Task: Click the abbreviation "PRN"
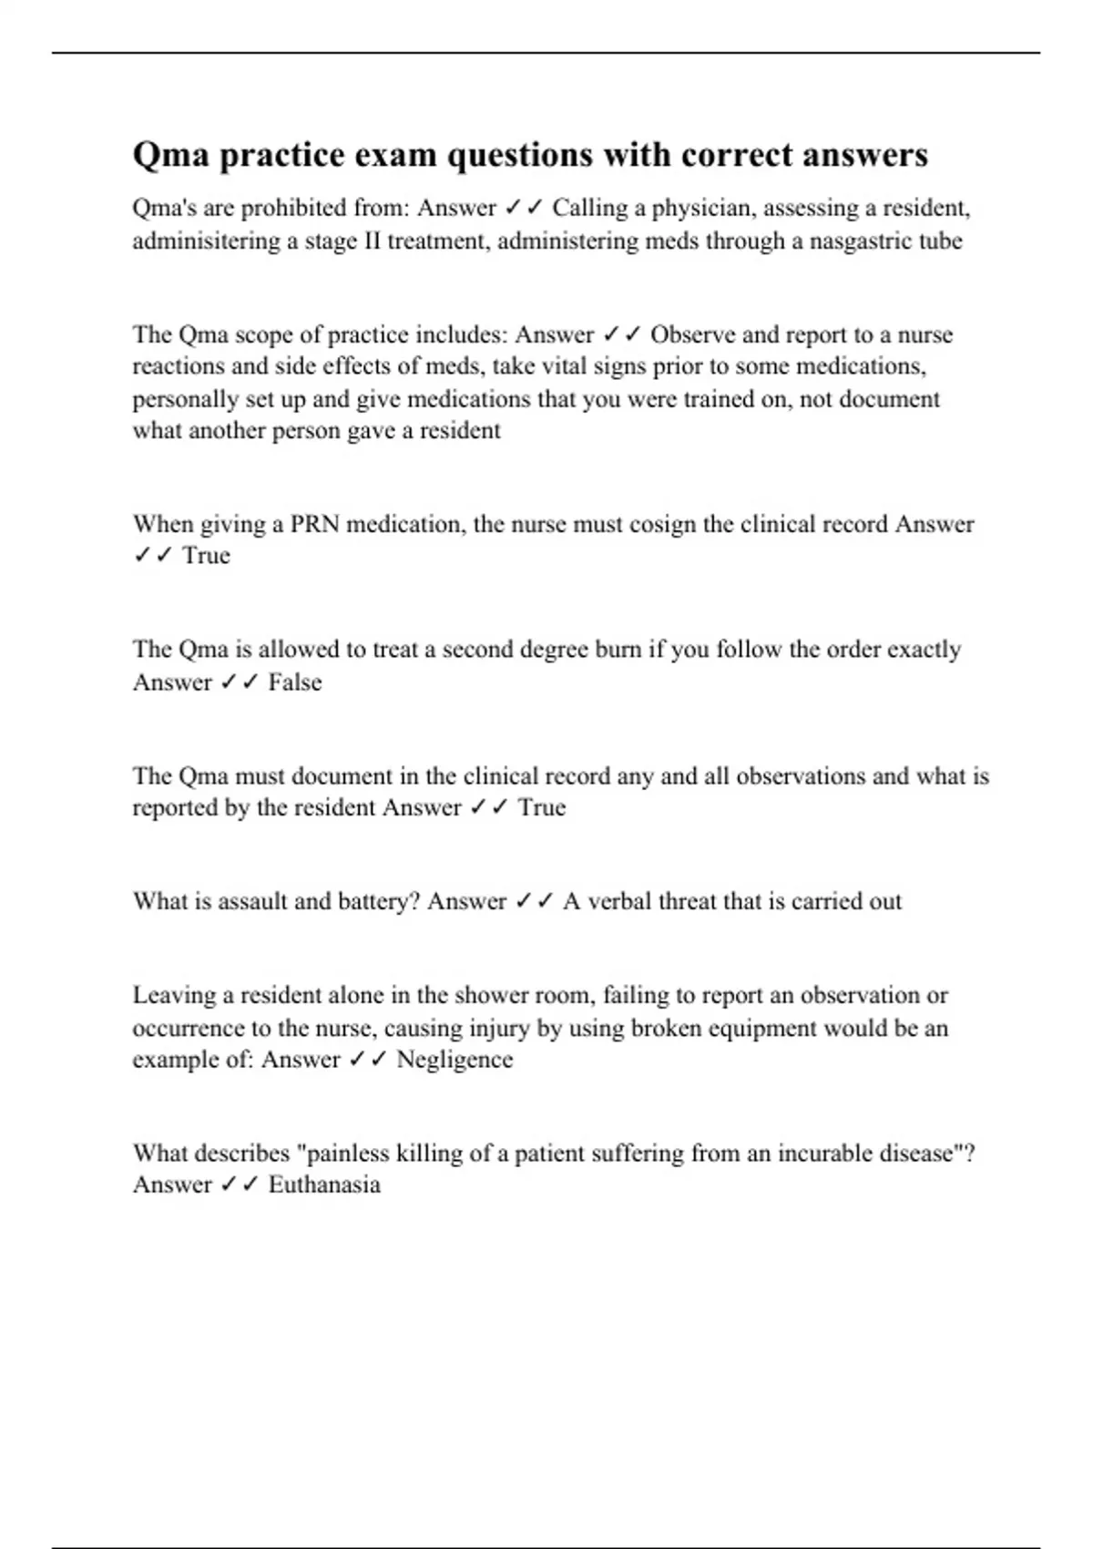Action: (x=315, y=525)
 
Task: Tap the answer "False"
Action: (x=295, y=682)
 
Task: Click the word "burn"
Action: (x=618, y=650)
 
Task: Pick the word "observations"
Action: (x=800, y=776)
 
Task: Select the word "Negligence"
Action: (x=455, y=1061)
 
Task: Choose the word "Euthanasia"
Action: (x=324, y=1185)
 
